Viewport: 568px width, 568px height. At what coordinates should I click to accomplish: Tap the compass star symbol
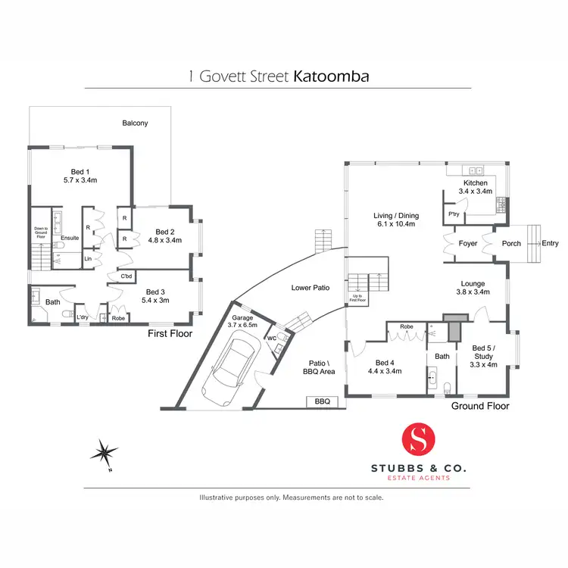tap(104, 454)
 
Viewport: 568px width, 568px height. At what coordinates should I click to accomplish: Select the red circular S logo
tap(418, 440)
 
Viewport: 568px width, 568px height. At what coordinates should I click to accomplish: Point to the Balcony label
tap(136, 123)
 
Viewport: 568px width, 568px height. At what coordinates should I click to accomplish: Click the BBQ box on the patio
tap(321, 401)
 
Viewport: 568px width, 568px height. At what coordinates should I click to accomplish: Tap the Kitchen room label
tap(476, 183)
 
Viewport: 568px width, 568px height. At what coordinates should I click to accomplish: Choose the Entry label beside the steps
tap(550, 243)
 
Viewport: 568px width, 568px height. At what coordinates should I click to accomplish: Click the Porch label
tap(511, 243)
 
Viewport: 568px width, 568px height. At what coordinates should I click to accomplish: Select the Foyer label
tap(468, 243)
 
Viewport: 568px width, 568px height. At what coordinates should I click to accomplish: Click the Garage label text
tap(243, 317)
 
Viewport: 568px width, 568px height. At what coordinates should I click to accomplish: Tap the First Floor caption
tap(170, 333)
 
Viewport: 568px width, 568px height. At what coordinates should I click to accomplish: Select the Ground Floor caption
tap(479, 406)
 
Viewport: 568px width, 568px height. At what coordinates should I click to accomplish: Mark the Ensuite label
tap(70, 238)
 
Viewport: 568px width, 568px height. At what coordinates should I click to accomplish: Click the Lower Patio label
tap(309, 288)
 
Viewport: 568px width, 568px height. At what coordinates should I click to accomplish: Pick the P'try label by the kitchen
tap(454, 214)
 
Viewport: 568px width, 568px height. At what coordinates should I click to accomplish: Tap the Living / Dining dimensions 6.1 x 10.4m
tap(396, 225)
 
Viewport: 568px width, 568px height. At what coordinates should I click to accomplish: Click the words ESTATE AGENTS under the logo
tap(418, 478)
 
